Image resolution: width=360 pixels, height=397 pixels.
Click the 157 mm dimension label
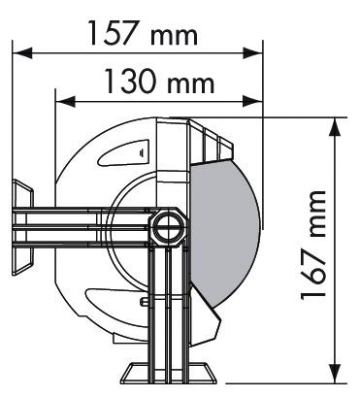pos(143,33)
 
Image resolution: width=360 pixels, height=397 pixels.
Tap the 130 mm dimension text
pos(159,82)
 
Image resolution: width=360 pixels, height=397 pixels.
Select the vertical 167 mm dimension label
pos(312,246)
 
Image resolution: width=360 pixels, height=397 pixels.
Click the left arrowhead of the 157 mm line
pos(22,52)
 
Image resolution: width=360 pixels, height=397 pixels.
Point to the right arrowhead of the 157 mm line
pos(253,52)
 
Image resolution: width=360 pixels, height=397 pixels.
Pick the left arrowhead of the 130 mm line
pos(66,102)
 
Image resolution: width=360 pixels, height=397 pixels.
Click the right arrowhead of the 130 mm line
pos(253,101)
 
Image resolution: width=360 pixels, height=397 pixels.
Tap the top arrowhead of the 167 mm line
pos(335,127)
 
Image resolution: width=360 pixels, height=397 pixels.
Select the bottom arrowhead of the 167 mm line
pos(335,373)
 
